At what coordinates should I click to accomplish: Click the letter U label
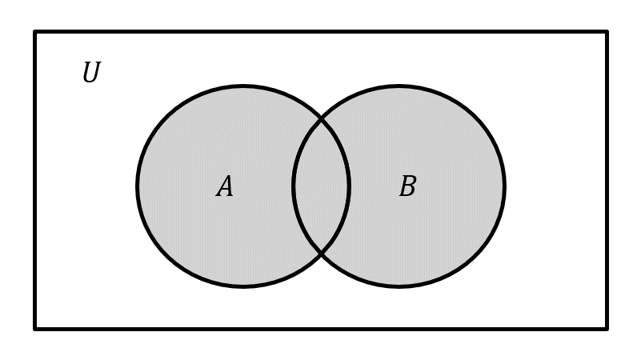(x=91, y=72)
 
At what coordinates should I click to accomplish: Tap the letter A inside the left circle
(x=225, y=186)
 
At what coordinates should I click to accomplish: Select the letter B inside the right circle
(x=408, y=186)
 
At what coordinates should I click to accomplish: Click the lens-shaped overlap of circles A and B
(x=321, y=186)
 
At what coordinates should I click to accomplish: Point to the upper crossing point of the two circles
(x=322, y=120)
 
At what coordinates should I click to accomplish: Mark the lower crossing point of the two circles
(x=322, y=254)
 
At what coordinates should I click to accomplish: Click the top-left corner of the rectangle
(x=35, y=31)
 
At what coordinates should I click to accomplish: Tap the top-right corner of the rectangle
(x=607, y=31)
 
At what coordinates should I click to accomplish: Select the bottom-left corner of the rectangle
(x=35, y=329)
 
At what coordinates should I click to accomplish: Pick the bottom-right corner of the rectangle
(x=607, y=329)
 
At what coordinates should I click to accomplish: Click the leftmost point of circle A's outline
(x=138, y=186)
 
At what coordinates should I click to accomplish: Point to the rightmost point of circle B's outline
(x=505, y=186)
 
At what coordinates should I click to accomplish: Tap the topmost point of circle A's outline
(x=243, y=86)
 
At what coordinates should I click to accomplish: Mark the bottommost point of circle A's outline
(x=243, y=286)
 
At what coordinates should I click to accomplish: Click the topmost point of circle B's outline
(x=399, y=86)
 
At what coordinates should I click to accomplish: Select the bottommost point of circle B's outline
(x=399, y=286)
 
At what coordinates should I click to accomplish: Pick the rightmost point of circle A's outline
(x=349, y=186)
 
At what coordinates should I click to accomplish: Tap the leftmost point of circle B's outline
(x=293, y=186)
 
